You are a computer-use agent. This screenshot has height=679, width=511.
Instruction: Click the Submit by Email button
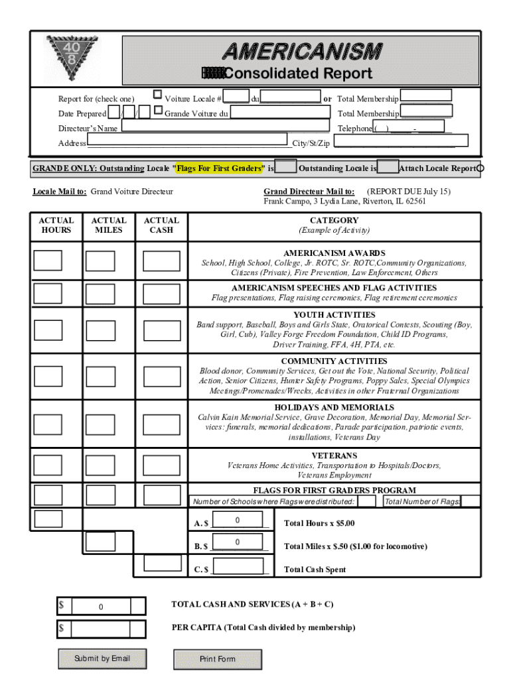click(102, 658)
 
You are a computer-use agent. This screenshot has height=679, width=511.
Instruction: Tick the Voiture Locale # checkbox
click(158, 95)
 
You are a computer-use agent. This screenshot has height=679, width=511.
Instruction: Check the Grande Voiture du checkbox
click(158, 109)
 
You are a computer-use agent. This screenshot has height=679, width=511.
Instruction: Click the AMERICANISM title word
click(302, 51)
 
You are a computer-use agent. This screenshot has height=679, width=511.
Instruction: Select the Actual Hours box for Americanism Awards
click(48, 261)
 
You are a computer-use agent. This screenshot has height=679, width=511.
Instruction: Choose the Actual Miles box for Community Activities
click(100, 376)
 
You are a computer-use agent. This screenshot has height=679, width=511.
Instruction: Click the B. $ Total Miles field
click(238, 544)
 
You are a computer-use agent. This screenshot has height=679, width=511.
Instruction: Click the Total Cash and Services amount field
click(101, 607)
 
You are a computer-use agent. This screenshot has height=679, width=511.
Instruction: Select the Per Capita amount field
click(101, 628)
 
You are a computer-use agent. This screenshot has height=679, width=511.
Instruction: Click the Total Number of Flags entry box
click(470, 501)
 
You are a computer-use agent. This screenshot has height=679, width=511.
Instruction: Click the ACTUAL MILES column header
click(109, 225)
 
